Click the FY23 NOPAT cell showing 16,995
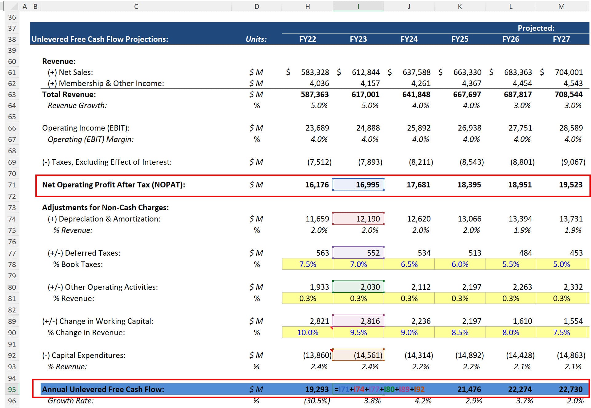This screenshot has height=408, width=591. coord(358,185)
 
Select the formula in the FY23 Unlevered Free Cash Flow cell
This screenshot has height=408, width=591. coord(379,389)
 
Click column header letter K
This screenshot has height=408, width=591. coord(460,6)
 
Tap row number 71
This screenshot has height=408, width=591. coord(12,185)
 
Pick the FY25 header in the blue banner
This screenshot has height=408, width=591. coord(460,39)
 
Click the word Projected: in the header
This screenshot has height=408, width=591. coord(536,28)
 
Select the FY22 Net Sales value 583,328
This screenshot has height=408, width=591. coord(315,72)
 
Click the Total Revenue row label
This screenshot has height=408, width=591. coord(69,94)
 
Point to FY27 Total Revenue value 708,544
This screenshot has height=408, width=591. coord(568,94)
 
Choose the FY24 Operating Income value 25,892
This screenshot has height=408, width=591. coord(418,128)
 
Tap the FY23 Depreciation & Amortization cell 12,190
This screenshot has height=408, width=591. coord(358,219)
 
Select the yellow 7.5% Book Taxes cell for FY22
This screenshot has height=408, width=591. coord(308,264)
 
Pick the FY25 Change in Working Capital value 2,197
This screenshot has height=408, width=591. coord(472,321)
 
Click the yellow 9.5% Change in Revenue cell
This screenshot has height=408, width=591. coord(358,332)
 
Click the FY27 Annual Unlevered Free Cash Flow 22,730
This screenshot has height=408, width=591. coord(570,389)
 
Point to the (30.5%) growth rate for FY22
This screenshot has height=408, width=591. coord(317,401)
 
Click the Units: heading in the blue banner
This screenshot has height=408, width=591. coord(256,39)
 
